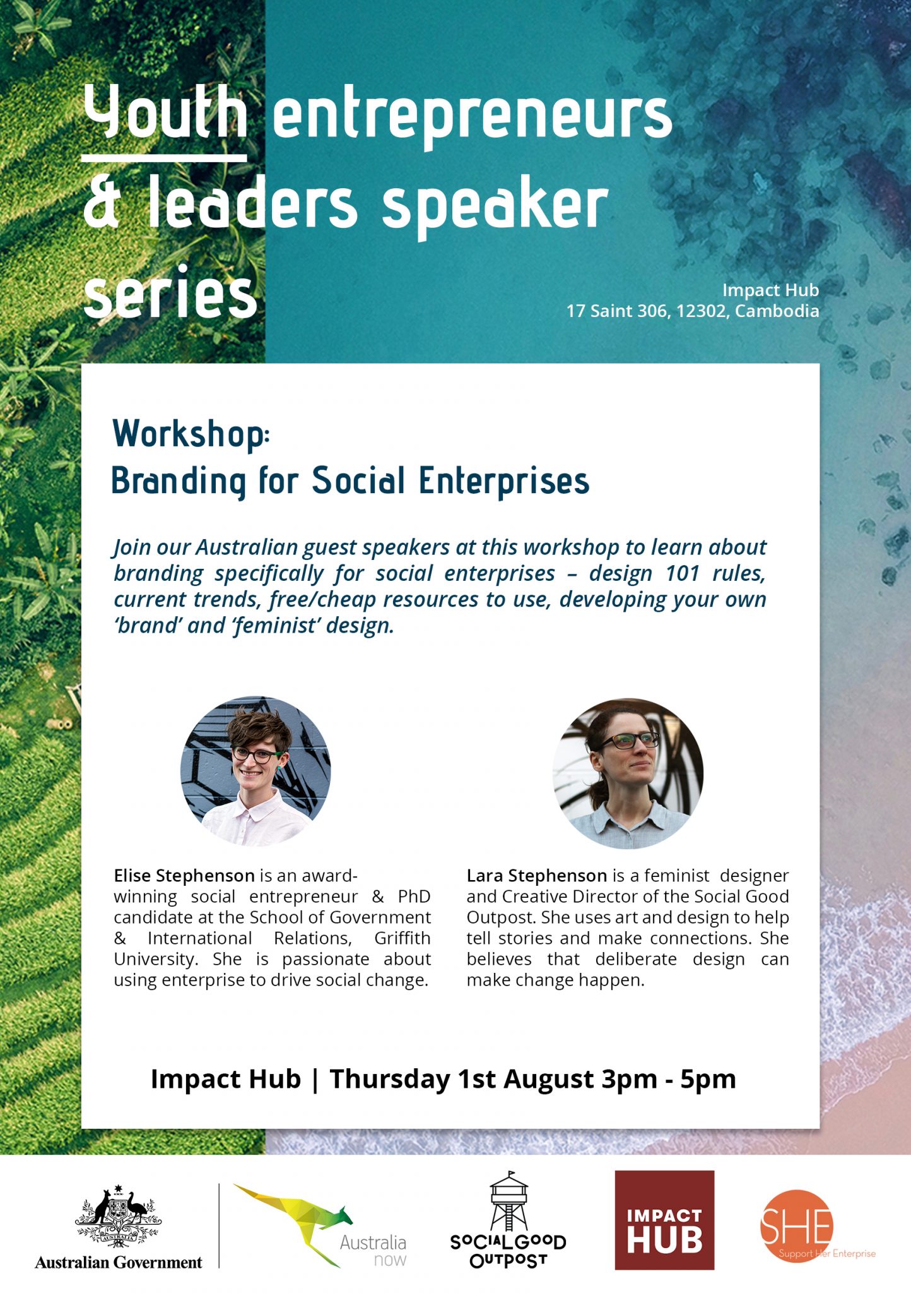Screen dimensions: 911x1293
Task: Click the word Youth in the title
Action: coord(165,112)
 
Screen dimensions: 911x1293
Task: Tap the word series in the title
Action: coord(170,292)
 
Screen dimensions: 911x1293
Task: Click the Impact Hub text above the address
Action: coord(770,290)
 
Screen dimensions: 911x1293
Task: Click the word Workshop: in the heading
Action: coord(191,434)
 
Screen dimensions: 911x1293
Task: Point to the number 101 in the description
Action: coord(683,573)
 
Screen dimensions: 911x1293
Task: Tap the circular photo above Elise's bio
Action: coord(256,771)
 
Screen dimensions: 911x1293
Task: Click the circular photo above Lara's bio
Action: coord(628,773)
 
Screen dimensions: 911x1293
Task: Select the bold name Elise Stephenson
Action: coord(184,876)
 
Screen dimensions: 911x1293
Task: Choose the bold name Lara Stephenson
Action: coord(537,876)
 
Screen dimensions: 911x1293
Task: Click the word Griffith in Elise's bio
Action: coord(403,938)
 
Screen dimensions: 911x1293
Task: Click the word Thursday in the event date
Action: coord(390,1079)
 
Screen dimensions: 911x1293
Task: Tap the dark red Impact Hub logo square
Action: coord(664,1220)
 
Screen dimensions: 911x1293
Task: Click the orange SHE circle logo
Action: coord(797,1226)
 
